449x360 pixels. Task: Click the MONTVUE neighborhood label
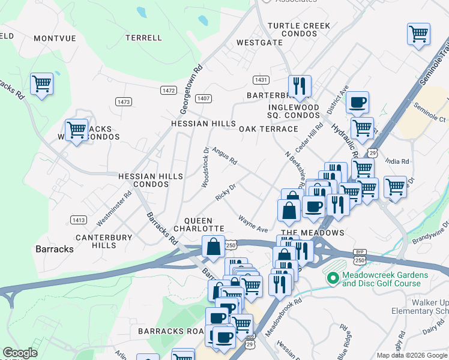tap(55, 38)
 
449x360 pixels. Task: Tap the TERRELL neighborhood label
tap(143, 38)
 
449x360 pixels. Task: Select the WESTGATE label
tap(259, 43)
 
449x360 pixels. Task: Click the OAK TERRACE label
tap(268, 129)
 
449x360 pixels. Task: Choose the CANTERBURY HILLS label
tap(103, 241)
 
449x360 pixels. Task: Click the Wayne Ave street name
tap(253, 224)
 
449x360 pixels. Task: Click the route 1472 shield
tap(169, 90)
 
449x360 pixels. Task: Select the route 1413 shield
tap(79, 220)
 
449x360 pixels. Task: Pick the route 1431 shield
tap(261, 79)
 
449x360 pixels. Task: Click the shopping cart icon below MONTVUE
tap(41, 83)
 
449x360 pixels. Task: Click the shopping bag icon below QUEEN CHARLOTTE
tap(213, 246)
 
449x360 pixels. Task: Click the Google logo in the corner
tap(20, 353)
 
